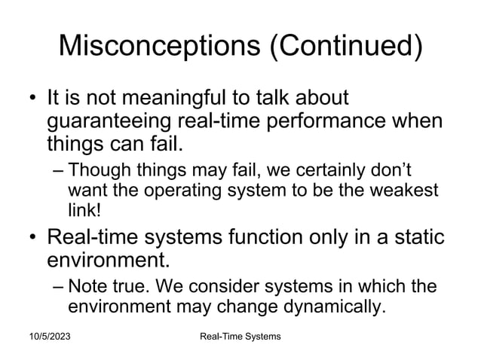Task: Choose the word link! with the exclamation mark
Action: point(83,206)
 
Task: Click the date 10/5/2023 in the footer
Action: point(47,335)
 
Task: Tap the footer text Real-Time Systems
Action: point(235,335)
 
